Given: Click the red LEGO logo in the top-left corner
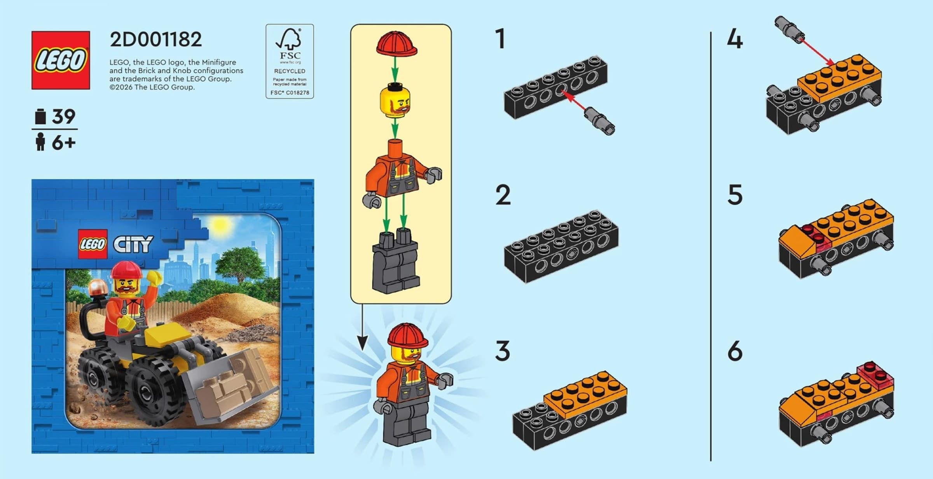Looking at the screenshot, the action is tap(61, 60).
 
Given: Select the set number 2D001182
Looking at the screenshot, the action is tap(156, 39).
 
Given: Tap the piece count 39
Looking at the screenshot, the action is tap(64, 116).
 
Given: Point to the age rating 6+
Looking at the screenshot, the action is tap(64, 143).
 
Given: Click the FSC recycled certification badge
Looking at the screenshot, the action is tap(290, 61).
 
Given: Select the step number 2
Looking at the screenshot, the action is tap(503, 195).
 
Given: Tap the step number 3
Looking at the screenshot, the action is tap(503, 351).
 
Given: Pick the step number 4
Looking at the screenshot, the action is tap(735, 39).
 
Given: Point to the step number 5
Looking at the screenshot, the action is tap(735, 195).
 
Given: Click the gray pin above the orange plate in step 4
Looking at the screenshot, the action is tap(789, 29).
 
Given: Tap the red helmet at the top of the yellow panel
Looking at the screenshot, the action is tap(397, 44).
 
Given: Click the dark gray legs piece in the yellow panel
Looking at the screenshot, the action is tap(396, 261).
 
